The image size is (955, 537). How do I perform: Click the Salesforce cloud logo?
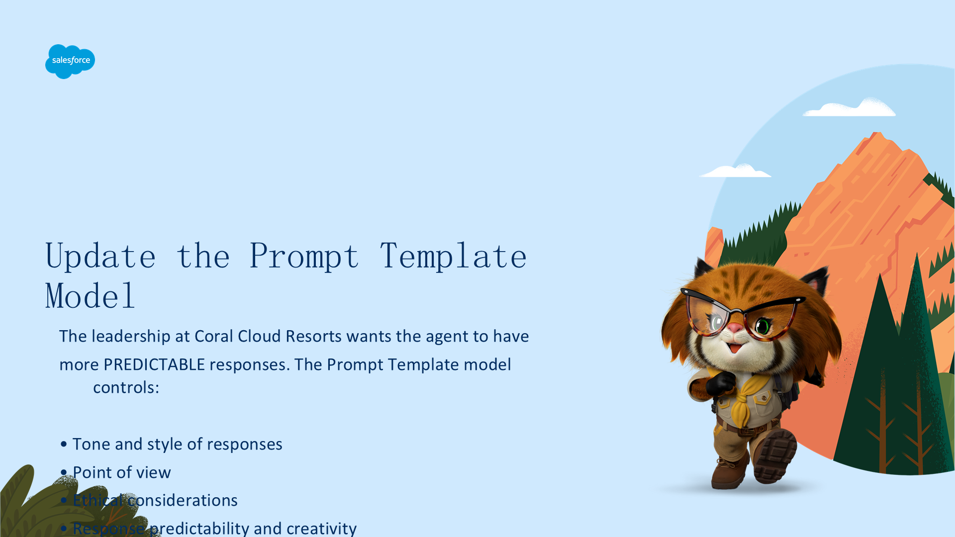pyautogui.click(x=70, y=61)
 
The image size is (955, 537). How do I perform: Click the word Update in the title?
pyautogui.click(x=100, y=257)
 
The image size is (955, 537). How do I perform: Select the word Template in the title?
pyautogui.click(x=453, y=257)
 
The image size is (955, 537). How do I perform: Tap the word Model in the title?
pyautogui.click(x=90, y=296)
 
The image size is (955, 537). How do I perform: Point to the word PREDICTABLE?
pyautogui.click(x=154, y=364)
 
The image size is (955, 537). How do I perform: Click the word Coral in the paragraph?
pyautogui.click(x=214, y=336)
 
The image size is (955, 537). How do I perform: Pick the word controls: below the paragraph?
pyautogui.click(x=126, y=387)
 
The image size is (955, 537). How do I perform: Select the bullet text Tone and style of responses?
pyautogui.click(x=178, y=444)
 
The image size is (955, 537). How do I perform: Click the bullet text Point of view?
pyautogui.click(x=122, y=472)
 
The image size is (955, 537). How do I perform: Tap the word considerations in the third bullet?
pyautogui.click(x=183, y=500)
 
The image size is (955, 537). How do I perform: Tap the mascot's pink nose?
pyautogui.click(x=735, y=328)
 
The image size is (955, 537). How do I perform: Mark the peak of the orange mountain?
pyautogui.click(x=876, y=133)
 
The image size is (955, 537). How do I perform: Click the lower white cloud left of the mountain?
pyautogui.click(x=735, y=171)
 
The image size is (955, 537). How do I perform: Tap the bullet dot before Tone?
pyautogui.click(x=64, y=444)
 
